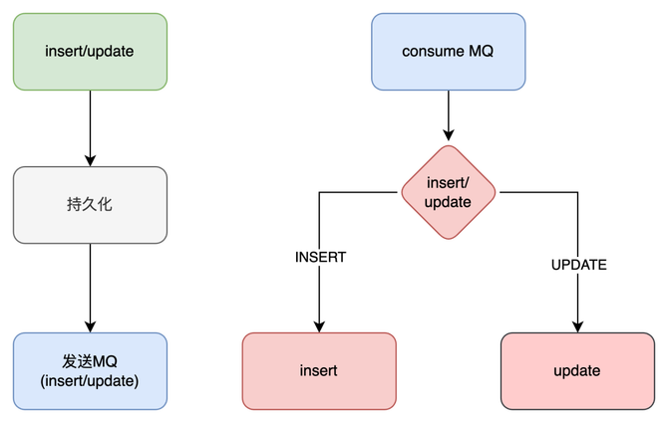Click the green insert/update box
(90, 51)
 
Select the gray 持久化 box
(90, 205)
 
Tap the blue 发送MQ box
(90, 370)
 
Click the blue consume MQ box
(448, 51)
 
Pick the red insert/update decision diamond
(448, 191)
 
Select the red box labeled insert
(319, 370)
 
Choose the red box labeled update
(576, 370)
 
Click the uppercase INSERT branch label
(320, 257)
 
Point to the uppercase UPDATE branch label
(578, 265)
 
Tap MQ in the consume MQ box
(482, 51)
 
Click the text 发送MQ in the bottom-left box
(90, 360)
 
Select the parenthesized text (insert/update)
(90, 380)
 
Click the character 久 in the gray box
(90, 205)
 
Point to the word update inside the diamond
(448, 201)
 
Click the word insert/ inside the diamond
(448, 182)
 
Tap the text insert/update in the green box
(90, 51)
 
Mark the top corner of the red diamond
(448, 144)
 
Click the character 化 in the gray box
(105, 205)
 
